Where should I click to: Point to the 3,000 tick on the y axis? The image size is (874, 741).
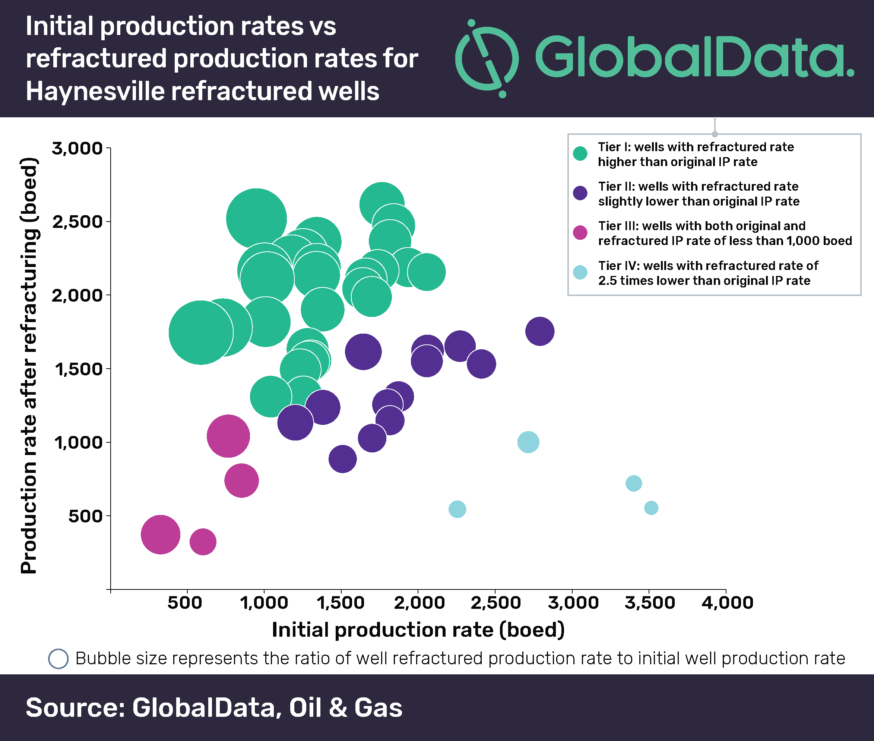108,148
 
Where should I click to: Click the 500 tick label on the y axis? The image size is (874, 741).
85,516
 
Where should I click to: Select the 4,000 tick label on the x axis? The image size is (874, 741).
727,603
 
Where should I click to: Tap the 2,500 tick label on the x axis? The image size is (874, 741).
495,603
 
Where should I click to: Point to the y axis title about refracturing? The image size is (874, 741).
29,365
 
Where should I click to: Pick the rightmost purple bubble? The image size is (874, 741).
539,331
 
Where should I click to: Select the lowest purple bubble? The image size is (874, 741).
342,459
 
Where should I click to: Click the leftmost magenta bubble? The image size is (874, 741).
160,534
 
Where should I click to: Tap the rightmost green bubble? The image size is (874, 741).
427,272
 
